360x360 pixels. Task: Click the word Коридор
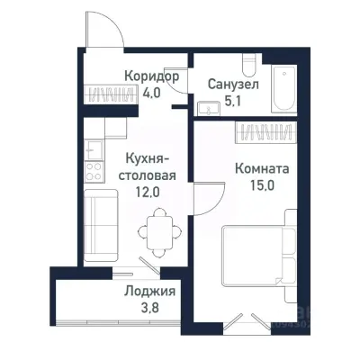150,77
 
